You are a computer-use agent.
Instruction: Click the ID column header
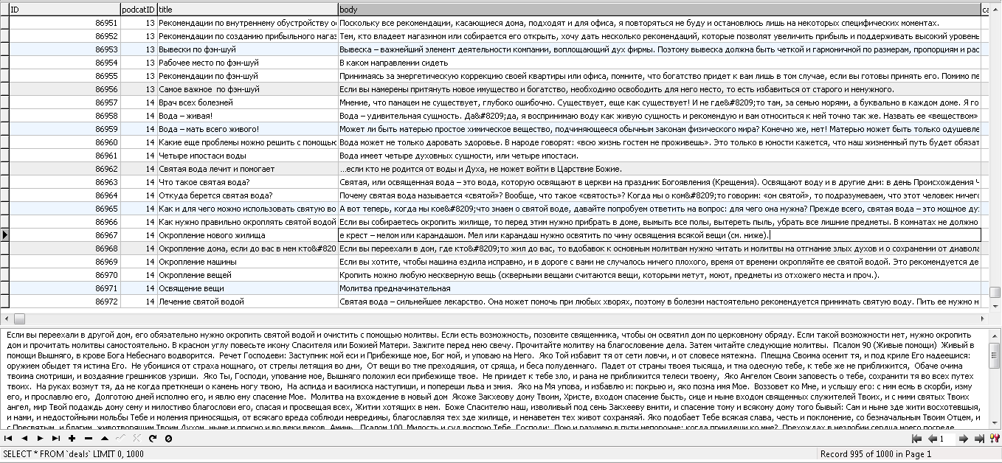(64, 10)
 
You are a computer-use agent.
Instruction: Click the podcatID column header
(139, 10)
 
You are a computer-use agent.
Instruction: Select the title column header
(247, 10)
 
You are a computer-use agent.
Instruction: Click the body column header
(658, 10)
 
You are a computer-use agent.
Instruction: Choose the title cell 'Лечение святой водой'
(201, 302)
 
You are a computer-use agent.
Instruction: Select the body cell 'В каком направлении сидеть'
(393, 63)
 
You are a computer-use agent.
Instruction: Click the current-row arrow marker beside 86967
(5, 235)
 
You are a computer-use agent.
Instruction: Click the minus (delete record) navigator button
(88, 439)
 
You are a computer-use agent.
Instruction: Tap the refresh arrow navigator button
(153, 439)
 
